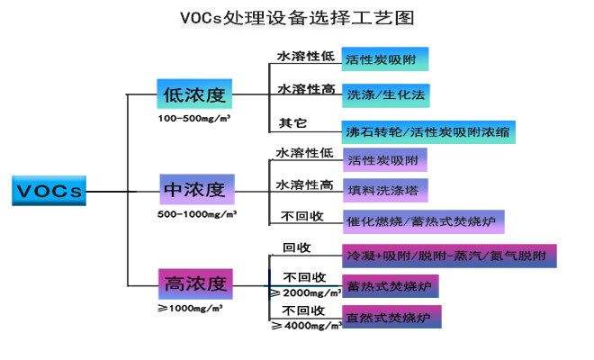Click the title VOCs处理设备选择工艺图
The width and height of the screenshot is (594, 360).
coord(297,18)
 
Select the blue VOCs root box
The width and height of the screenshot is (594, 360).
coord(49,190)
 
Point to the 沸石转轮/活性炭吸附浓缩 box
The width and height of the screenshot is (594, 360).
coord(428,130)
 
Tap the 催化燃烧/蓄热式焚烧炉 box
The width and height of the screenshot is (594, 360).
coord(423,220)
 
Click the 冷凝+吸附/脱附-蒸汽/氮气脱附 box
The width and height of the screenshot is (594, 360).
coord(449,256)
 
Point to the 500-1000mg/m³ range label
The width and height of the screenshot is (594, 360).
coord(197,214)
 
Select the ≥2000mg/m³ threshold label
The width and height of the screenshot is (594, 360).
coord(305,292)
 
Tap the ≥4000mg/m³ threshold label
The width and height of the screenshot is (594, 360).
coord(306,326)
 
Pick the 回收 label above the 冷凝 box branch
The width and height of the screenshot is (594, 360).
coord(297,247)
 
